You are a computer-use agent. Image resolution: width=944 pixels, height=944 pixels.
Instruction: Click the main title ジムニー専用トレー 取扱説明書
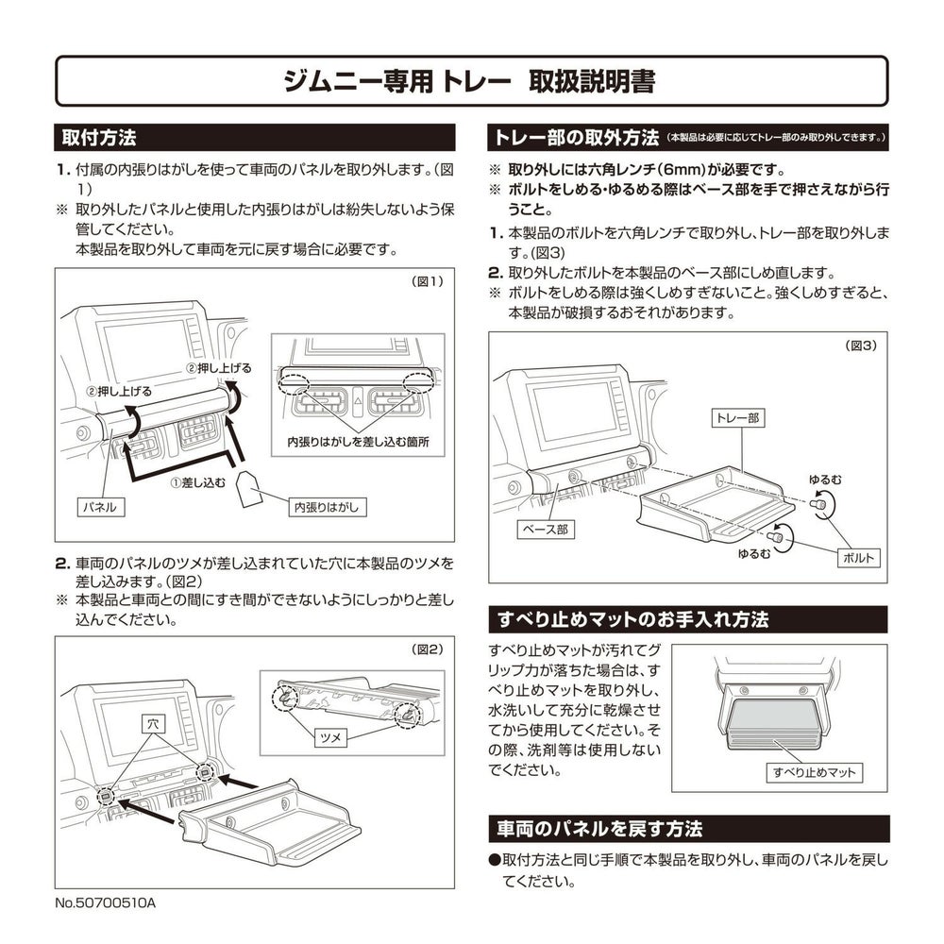point(469,81)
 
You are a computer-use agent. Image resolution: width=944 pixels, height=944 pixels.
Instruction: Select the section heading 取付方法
point(99,137)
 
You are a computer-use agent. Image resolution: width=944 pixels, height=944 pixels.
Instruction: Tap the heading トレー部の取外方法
point(576,138)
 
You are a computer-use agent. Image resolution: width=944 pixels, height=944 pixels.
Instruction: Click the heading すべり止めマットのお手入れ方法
point(633,619)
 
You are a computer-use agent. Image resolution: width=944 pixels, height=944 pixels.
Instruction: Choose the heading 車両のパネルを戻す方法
point(599,829)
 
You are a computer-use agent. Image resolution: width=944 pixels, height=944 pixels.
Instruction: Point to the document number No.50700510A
point(106,903)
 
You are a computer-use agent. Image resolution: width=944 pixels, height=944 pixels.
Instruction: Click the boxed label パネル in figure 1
point(101,507)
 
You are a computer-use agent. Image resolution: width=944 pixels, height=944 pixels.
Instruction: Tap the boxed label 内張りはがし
point(327,508)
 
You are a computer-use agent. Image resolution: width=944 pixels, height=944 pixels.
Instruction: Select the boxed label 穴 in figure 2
point(153,724)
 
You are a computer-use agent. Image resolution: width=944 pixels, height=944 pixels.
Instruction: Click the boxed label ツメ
point(330,737)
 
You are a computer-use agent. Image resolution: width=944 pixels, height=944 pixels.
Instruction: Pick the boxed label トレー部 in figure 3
point(737,418)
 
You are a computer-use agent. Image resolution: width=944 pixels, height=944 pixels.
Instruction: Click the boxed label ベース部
point(546,530)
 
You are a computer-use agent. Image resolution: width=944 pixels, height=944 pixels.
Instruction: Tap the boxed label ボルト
point(858,558)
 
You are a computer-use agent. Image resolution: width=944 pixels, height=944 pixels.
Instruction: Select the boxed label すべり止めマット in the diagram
point(815,772)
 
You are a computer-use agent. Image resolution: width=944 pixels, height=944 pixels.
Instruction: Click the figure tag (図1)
point(427,281)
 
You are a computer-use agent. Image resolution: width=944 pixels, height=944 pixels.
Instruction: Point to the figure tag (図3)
point(861,346)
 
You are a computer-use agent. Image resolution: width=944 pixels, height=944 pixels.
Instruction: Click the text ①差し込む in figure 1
point(197,482)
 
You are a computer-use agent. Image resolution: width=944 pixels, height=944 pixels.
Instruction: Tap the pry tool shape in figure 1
point(248,489)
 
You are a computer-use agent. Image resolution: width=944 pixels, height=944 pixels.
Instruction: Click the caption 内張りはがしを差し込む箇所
point(358,442)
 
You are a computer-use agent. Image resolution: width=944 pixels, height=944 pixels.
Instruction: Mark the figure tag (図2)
point(427,649)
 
